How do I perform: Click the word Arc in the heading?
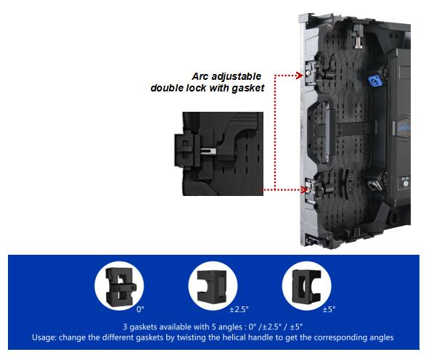(200, 76)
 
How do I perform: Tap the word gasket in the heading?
(248, 89)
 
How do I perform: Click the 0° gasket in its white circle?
(120, 287)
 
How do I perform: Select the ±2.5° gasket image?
(212, 287)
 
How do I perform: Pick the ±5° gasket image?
(306, 287)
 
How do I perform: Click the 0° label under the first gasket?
(141, 309)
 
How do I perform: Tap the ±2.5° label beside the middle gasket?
(239, 309)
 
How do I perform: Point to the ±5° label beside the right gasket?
(329, 309)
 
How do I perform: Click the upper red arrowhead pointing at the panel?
(300, 75)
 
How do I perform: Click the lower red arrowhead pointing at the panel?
(305, 189)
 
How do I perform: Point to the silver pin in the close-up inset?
(208, 151)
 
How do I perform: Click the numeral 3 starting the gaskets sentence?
(125, 327)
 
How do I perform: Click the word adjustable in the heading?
(237, 77)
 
